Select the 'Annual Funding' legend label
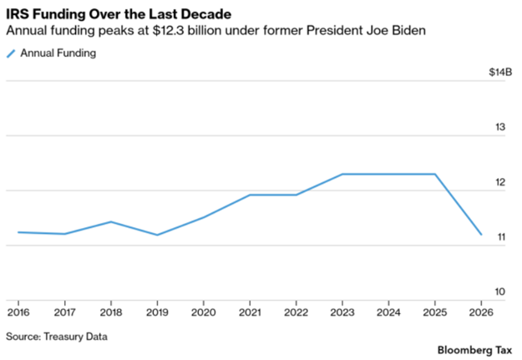(59, 53)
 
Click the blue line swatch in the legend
(12, 53)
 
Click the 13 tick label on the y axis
(501, 127)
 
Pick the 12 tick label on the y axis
(501, 182)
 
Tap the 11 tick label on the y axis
(501, 237)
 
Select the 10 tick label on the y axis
(501, 292)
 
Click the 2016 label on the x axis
(18, 312)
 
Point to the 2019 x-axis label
(156, 312)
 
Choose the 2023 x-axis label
(342, 312)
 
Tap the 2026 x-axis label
(481, 312)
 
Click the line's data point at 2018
(110, 221)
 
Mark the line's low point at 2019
(156, 235)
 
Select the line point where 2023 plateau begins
(342, 174)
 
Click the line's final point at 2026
(481, 235)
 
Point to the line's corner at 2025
(434, 174)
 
